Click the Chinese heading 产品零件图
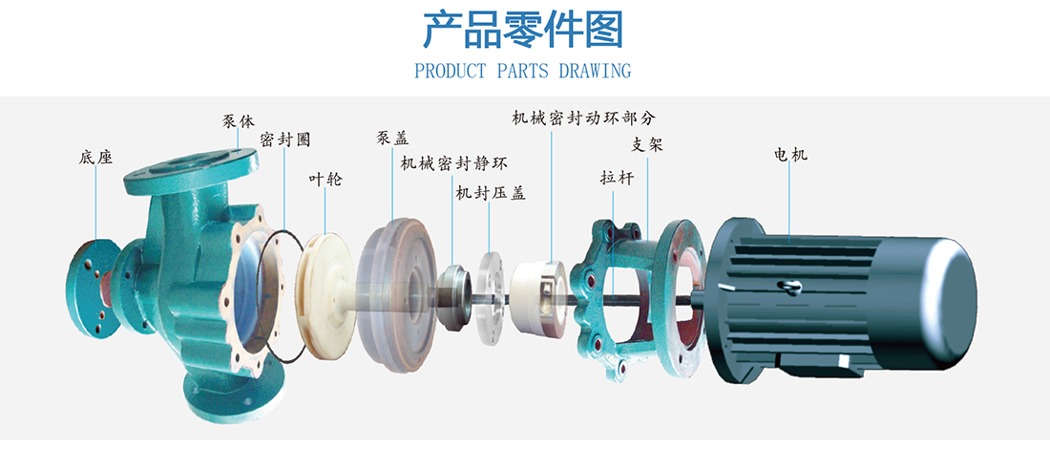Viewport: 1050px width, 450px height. click(523, 31)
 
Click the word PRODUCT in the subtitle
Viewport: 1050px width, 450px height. click(451, 71)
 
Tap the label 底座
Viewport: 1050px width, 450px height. click(95, 157)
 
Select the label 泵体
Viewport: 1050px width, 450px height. click(239, 121)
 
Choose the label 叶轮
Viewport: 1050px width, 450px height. click(325, 179)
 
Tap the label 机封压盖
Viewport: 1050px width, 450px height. click(490, 193)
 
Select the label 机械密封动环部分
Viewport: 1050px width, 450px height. click(583, 118)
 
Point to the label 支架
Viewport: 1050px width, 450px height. click(647, 145)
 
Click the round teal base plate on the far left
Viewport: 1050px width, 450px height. click(92, 286)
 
